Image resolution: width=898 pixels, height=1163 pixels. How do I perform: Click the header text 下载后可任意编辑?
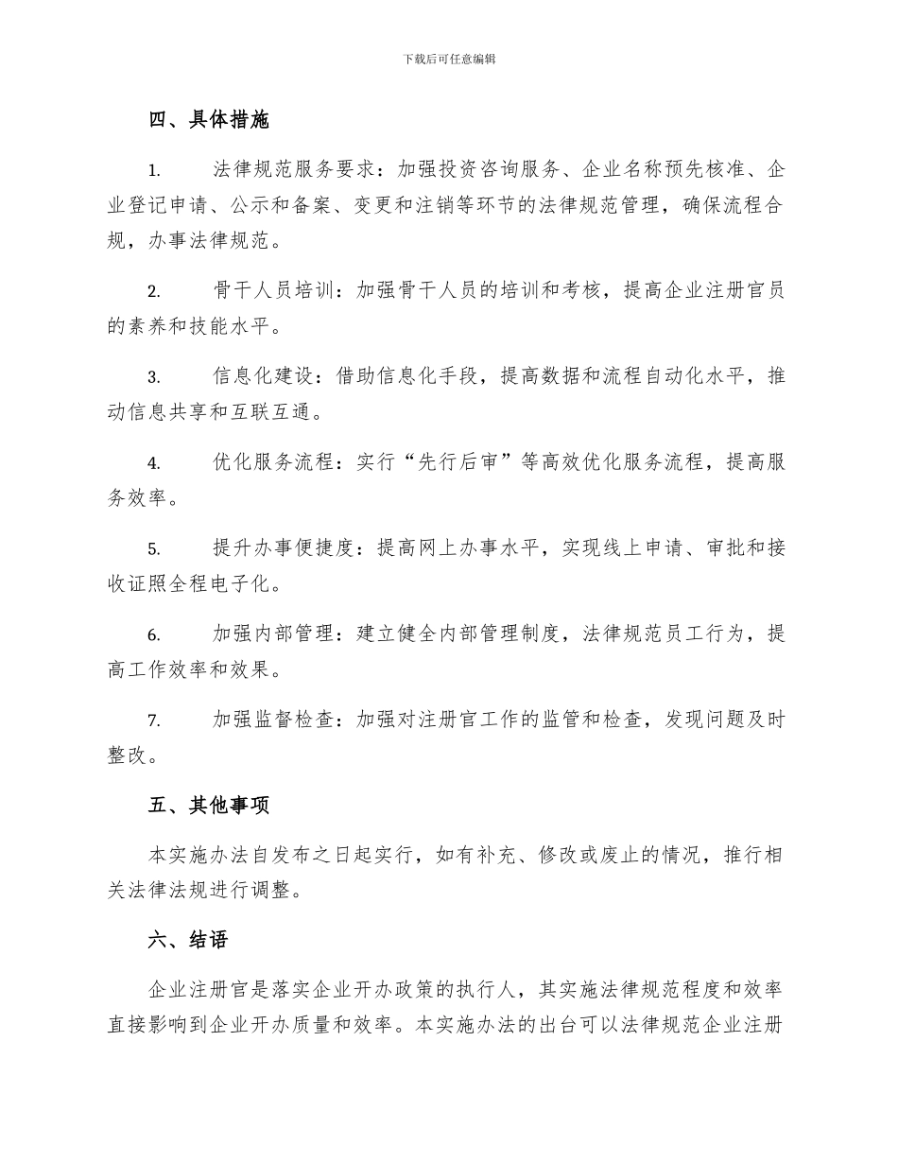pyautogui.click(x=449, y=59)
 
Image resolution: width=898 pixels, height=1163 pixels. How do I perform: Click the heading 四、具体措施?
pyautogui.click(x=209, y=120)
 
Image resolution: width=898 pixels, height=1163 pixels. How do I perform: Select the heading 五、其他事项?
pyautogui.click(x=209, y=806)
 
